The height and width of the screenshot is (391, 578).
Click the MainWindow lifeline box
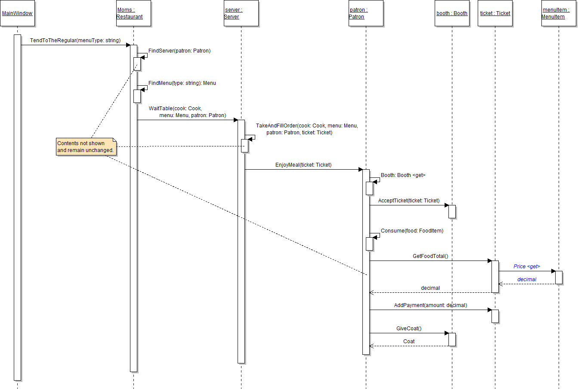(x=17, y=13)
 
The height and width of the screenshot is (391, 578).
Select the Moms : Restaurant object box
(x=133, y=13)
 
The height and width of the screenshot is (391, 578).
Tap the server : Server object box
(x=241, y=13)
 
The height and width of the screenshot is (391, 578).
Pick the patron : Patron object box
(x=366, y=13)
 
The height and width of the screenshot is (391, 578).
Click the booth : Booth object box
(x=452, y=13)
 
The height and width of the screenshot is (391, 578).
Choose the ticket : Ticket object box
(x=495, y=13)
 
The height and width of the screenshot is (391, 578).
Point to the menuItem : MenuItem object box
(x=559, y=13)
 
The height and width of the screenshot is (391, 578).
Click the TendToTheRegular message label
(x=75, y=40)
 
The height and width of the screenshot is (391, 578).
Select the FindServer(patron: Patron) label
(x=179, y=51)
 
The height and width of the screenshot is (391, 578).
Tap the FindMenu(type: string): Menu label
(x=182, y=83)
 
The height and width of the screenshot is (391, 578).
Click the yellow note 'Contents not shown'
(x=86, y=147)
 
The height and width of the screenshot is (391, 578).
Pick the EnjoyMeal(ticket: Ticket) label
(x=303, y=165)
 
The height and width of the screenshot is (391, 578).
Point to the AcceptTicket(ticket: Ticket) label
(x=409, y=201)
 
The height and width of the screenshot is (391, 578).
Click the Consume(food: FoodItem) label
(x=411, y=231)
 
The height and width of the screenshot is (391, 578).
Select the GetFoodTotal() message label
(x=430, y=256)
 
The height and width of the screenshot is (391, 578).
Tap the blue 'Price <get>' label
(x=527, y=267)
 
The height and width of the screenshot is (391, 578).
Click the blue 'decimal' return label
(x=527, y=279)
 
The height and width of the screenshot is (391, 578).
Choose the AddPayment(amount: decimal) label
(x=430, y=305)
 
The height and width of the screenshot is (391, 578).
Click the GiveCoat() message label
(x=409, y=329)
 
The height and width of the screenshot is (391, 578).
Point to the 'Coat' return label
(x=409, y=341)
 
